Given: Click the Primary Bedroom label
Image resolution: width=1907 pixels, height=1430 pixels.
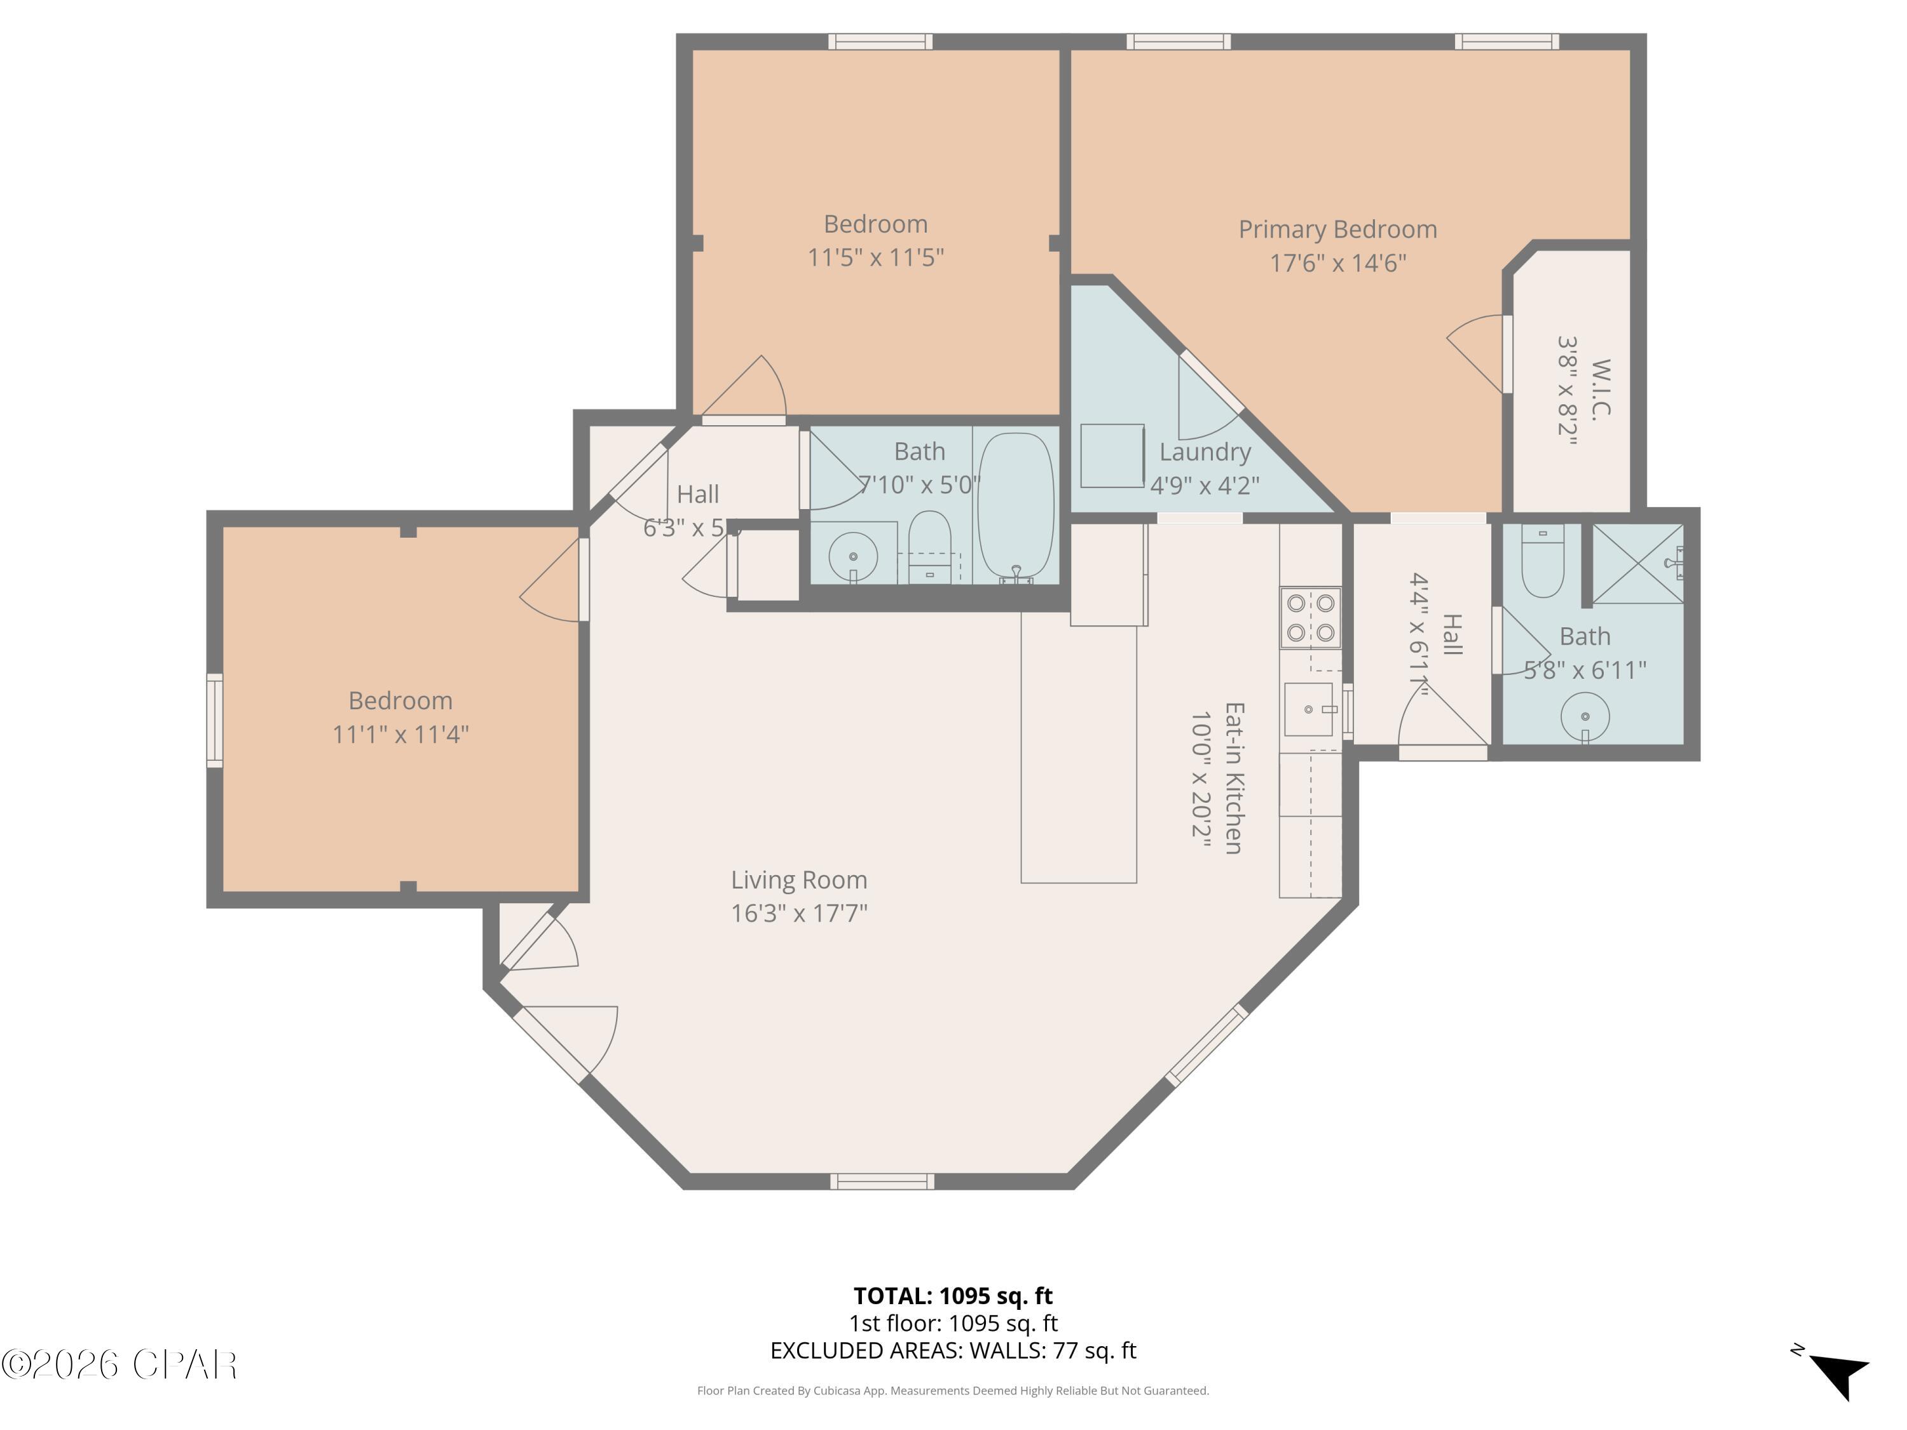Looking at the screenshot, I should [1337, 229].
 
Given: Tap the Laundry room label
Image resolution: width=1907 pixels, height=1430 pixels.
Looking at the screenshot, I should [1205, 452].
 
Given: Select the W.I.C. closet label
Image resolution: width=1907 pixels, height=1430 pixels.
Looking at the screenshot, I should [1600, 390].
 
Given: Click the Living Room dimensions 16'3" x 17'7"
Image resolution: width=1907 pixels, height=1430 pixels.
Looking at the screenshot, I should [799, 913].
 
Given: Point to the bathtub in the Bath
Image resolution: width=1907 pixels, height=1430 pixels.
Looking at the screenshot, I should [1016, 507].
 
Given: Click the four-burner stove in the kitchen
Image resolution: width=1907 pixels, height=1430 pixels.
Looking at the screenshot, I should [1309, 617].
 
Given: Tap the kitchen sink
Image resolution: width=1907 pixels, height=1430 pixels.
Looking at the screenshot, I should [1309, 709].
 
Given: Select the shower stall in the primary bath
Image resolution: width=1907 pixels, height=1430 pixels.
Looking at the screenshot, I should [1636, 564].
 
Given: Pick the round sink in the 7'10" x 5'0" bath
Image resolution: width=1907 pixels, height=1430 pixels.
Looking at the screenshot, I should [852, 557].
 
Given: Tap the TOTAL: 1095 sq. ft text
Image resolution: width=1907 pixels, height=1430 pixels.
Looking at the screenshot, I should [953, 1295].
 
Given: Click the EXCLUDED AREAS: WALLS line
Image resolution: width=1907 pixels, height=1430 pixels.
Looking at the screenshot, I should [953, 1351].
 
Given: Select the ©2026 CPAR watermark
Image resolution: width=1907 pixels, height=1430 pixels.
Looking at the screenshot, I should [119, 1365].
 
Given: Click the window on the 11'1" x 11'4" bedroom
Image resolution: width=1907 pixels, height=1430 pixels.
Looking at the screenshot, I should [215, 721].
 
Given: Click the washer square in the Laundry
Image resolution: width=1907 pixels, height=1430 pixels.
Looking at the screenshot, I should [1112, 455].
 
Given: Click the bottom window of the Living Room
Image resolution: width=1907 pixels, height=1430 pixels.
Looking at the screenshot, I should [882, 1181].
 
